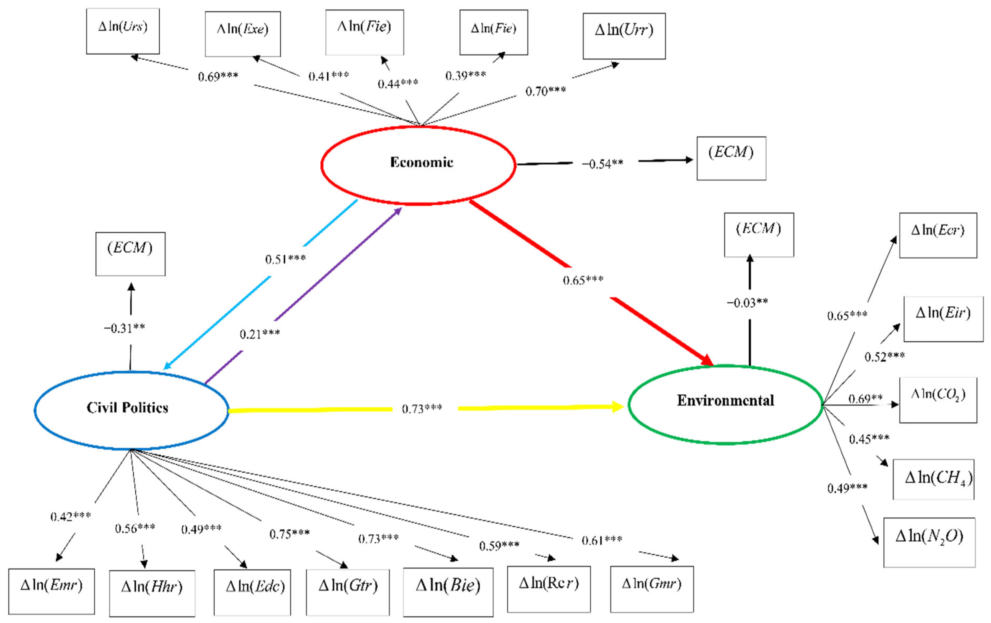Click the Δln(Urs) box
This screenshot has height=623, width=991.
[123, 31]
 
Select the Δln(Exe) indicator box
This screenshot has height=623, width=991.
[243, 34]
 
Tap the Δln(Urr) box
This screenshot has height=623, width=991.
[624, 36]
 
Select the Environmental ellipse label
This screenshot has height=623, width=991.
[725, 400]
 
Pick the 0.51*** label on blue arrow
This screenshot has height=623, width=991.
[285, 259]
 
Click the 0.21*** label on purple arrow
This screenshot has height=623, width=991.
[260, 334]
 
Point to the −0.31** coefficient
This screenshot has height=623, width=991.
[124, 328]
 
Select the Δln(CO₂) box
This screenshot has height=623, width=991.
[938, 400]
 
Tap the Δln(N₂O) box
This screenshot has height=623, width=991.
[929, 542]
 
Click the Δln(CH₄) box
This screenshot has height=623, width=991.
[933, 479]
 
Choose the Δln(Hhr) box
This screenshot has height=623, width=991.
[152, 593]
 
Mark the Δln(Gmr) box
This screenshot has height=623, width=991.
[651, 589]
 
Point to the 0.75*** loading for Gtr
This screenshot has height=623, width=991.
[289, 534]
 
